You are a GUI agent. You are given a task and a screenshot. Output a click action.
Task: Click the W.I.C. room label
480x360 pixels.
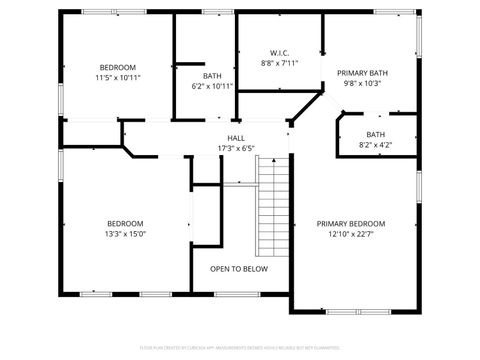tap(279, 52)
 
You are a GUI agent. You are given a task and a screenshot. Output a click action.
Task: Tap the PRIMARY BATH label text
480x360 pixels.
tap(362, 73)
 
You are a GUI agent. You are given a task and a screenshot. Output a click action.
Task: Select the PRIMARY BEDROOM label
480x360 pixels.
tap(351, 223)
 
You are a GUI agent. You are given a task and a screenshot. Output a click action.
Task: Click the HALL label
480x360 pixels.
tap(236, 138)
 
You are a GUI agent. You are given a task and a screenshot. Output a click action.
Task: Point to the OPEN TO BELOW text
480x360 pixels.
tap(238, 268)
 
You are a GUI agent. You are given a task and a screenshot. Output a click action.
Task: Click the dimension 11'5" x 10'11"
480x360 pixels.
tap(117, 77)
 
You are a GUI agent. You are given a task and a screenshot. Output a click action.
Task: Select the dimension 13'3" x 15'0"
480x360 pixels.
tap(126, 234)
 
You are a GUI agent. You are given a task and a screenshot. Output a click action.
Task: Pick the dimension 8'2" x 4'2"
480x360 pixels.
tap(375, 145)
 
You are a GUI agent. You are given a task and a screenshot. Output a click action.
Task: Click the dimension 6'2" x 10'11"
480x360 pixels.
tap(212, 86)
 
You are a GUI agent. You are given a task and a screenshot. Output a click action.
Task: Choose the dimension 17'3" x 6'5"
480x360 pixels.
tap(236, 149)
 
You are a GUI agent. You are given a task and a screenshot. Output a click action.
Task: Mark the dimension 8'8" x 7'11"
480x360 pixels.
tap(279, 63)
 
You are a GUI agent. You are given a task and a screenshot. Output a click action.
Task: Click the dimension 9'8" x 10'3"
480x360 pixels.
tap(362, 84)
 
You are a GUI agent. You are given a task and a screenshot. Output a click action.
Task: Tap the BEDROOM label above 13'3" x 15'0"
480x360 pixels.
tap(126, 223)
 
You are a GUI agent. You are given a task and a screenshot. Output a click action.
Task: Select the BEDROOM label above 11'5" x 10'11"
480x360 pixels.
tap(117, 66)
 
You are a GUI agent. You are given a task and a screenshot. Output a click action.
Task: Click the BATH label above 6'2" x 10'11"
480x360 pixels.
tap(212, 75)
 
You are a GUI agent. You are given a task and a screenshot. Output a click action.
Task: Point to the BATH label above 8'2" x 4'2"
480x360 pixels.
tap(375, 134)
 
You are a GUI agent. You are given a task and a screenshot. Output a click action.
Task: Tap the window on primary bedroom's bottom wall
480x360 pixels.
tap(357, 311)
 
